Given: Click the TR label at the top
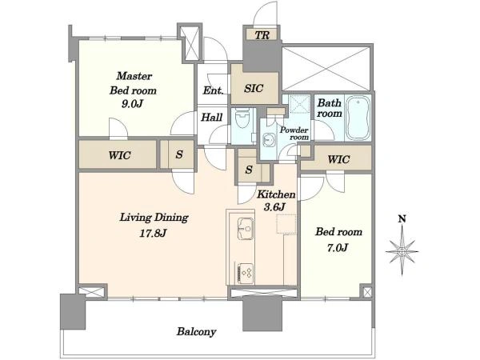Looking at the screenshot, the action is (x=262, y=35).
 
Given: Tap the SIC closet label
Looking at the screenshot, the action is (x=254, y=89).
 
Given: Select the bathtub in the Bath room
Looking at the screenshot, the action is (x=358, y=118).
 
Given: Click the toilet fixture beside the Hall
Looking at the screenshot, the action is (x=242, y=120).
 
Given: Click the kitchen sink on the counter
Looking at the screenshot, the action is (x=246, y=228).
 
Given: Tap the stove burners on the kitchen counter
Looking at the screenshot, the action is (x=246, y=273).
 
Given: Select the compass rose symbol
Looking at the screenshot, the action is (x=402, y=252).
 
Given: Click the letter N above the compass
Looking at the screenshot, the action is (x=402, y=219).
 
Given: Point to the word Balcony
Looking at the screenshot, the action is (x=196, y=331).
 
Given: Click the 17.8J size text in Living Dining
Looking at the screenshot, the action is (x=153, y=234).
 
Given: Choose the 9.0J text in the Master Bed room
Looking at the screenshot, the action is (x=132, y=104).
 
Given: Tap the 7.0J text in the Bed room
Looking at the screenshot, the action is (x=338, y=247).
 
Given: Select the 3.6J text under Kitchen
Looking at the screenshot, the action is (x=275, y=207).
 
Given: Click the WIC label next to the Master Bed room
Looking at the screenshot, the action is (x=119, y=155).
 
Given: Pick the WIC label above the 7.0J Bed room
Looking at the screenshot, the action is (x=338, y=159).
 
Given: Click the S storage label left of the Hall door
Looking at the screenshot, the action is (x=179, y=154).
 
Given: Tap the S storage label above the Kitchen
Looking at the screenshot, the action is (x=249, y=170).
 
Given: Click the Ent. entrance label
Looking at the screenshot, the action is (x=213, y=90).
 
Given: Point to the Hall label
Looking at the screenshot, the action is (x=211, y=118).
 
